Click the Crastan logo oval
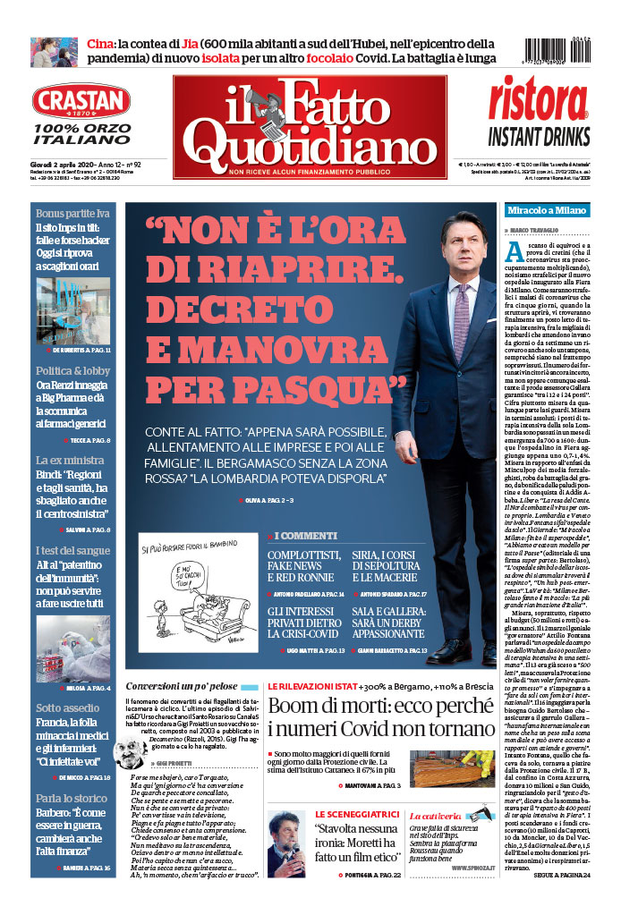click(81, 101)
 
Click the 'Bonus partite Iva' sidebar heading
click(72, 213)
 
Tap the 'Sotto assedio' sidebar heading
click(68, 707)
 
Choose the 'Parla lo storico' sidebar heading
click(72, 798)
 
